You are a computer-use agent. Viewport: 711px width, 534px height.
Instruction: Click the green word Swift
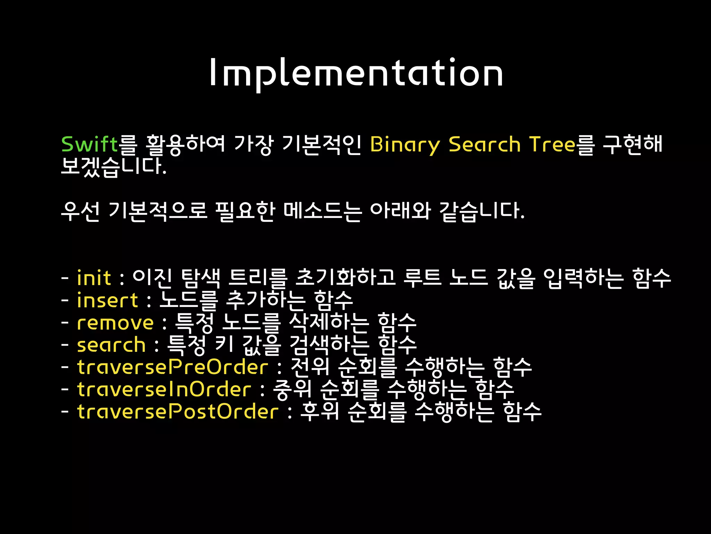coord(90,144)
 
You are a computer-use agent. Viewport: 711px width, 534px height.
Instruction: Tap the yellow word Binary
coord(405,145)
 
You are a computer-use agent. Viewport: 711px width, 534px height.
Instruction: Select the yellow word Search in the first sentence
coord(484,144)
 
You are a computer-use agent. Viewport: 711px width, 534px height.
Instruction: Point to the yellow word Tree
coord(552,144)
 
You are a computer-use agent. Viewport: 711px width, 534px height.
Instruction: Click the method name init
coord(94,278)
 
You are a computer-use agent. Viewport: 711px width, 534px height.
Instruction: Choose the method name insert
coord(107,300)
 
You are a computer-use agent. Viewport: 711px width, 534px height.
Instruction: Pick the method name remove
coord(115,323)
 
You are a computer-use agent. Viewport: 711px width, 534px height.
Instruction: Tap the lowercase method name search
coord(111,345)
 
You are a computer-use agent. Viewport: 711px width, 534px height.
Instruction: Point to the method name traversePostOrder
coord(178,412)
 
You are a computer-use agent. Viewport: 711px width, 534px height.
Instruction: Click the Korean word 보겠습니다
coord(114,166)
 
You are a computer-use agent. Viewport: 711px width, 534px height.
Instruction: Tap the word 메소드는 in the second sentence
coord(323,211)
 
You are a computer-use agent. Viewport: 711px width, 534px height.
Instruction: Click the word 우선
coord(80,211)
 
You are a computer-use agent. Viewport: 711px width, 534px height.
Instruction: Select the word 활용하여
coord(186,144)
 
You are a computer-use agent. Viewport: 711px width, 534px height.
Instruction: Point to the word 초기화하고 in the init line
coord(345,278)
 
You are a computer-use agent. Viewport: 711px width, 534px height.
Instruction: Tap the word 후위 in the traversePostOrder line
coord(319,412)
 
